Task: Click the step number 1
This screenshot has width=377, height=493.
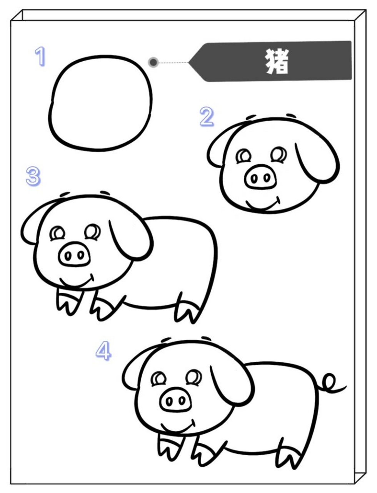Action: pyautogui.click(x=40, y=56)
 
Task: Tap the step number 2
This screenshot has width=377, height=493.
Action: pyautogui.click(x=207, y=117)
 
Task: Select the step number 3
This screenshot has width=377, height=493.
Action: pyautogui.click(x=33, y=176)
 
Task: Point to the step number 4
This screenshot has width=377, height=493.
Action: pyautogui.click(x=103, y=351)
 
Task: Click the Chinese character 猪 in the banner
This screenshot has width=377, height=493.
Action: pyautogui.click(x=277, y=62)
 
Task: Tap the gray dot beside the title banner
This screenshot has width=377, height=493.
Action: pyautogui.click(x=153, y=62)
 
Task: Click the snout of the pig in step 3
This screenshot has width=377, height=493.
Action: pyautogui.click(x=75, y=254)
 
